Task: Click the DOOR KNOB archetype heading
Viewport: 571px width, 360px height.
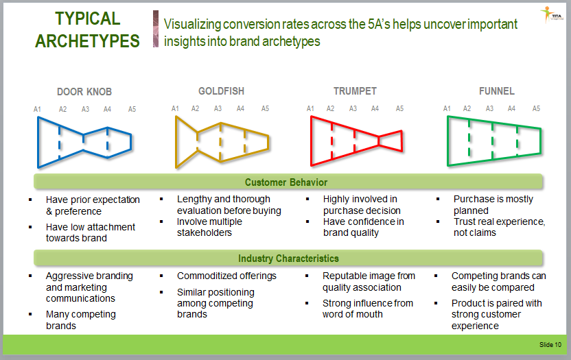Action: coord(84,92)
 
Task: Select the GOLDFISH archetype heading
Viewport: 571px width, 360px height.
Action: coord(221,91)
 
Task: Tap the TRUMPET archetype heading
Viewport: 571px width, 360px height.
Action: coord(355,91)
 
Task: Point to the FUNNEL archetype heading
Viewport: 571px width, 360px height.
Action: coord(497,91)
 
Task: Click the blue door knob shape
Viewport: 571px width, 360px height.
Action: coord(38,143)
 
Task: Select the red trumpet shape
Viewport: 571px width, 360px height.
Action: coord(312,141)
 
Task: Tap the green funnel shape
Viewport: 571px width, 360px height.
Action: coord(448,141)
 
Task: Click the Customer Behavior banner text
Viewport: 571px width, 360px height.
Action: coord(286,182)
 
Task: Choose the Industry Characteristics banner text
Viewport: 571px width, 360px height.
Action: coord(288,259)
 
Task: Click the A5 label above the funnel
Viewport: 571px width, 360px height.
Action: coord(536,108)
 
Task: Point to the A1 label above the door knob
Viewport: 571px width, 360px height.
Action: coord(37,109)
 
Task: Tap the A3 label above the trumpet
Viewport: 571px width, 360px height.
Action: coord(353,108)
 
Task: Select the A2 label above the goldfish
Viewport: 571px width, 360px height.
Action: coord(195,108)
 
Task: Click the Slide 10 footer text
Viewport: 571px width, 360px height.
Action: coord(550,345)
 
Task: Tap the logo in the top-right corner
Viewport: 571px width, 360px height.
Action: coord(551,15)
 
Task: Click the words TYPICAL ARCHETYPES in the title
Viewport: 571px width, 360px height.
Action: coord(87,30)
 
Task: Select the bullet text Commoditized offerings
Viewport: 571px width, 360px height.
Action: coord(226,276)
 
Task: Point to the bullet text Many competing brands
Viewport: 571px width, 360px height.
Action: coord(81,320)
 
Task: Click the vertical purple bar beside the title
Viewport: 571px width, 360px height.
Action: coord(156,29)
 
